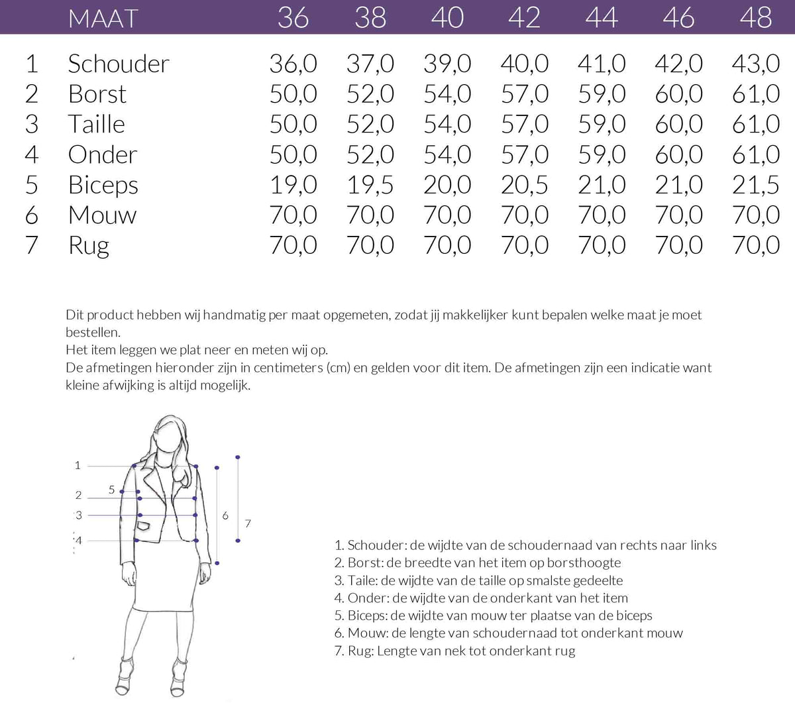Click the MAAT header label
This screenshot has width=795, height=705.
pos(103,18)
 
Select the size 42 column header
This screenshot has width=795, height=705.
pos(524,18)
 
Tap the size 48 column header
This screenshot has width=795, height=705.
pos(755,18)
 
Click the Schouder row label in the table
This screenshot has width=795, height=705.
pos(119,64)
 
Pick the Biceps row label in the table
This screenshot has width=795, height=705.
pos(103,185)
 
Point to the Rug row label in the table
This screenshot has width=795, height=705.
pos(88,246)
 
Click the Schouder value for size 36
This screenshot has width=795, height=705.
pos(293,64)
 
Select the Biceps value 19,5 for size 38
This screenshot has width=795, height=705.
pos(370,185)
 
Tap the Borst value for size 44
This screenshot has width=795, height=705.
pos(602,94)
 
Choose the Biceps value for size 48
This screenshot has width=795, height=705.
pos(755,185)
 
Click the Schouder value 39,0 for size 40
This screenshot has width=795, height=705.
pos(447,64)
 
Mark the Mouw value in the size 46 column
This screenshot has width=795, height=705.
pos(678,215)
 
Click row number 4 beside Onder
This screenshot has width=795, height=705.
pos(31,155)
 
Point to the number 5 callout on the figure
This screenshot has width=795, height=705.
pos(111,490)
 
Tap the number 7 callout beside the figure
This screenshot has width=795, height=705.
pos(248,523)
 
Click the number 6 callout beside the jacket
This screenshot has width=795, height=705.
pos(225,515)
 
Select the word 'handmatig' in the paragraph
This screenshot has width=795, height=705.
pos(235,315)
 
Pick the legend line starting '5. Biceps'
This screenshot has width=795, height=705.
pos(493,616)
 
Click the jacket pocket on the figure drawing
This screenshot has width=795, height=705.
pos(144,526)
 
